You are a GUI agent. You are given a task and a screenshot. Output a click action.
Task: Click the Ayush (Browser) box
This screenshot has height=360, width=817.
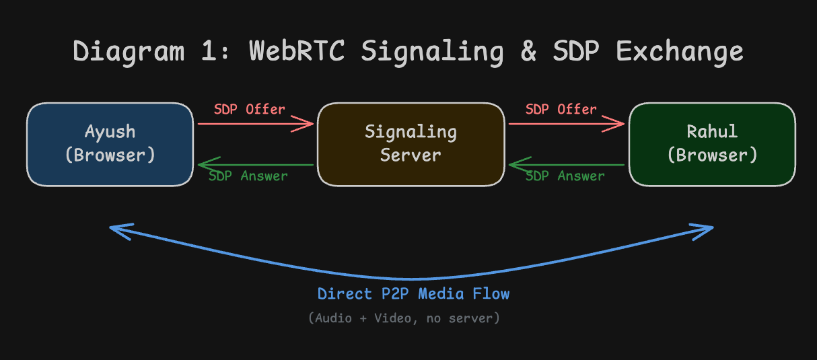110,144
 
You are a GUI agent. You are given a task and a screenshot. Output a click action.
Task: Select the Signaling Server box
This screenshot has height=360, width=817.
411,144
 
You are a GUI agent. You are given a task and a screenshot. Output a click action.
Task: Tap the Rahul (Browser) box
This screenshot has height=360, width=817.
712,144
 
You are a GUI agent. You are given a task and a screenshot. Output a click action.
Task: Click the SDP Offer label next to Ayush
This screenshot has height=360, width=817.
250,109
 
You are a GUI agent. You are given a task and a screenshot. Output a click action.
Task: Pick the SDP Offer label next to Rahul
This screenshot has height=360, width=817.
561,109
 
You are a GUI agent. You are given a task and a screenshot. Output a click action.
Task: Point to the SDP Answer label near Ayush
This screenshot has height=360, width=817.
248,176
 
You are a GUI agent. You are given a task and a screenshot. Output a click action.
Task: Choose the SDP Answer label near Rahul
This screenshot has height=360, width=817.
565,176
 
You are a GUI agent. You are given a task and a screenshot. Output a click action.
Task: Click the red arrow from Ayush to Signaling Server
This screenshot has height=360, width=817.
256,124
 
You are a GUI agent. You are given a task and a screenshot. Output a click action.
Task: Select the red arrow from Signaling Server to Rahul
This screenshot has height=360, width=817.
567,124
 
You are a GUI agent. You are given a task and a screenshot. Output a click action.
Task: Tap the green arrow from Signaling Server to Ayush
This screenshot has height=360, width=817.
256,164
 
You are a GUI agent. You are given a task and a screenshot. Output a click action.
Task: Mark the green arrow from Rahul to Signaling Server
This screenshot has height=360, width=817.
567,164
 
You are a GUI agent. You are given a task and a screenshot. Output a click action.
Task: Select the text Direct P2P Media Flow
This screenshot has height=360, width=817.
413,294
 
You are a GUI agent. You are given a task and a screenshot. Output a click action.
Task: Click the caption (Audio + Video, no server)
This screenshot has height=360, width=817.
404,318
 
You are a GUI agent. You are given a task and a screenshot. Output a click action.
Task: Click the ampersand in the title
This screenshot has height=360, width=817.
528,51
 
